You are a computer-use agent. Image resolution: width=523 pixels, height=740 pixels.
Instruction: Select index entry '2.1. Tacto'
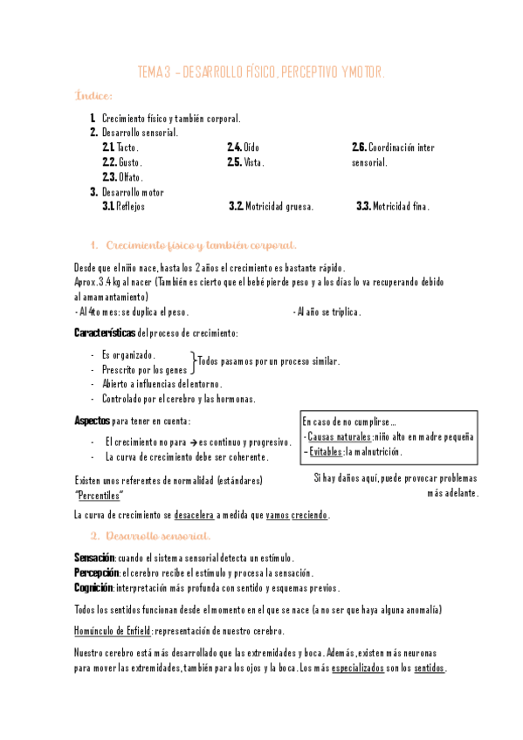(120, 147)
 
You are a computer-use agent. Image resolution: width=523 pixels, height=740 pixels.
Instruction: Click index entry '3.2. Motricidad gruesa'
(271, 207)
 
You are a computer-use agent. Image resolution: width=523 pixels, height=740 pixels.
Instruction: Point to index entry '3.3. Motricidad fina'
(392, 207)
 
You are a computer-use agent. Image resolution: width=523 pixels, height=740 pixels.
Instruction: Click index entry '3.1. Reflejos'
(124, 207)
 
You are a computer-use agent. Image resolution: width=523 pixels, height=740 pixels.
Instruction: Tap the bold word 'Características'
(105, 332)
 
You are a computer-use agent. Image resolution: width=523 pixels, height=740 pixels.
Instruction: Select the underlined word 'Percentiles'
(99, 496)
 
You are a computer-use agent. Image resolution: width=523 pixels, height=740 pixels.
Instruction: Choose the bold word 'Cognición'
(94, 587)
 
